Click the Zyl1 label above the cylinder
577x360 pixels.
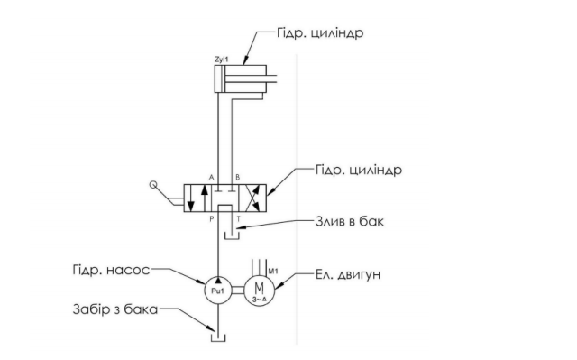222,59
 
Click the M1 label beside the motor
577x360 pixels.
272,272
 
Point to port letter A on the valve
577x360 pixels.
211,178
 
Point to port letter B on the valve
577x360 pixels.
238,178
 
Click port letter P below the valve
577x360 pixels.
212,219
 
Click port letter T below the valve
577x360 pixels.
238,219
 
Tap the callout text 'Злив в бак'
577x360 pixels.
350,222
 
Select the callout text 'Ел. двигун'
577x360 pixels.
348,274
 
